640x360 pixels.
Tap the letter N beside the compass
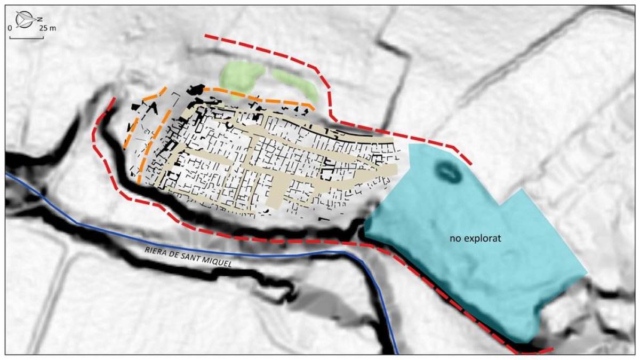40,20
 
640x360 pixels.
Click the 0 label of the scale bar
11,28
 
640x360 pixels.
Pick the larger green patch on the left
243,75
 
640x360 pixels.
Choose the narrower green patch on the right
297,84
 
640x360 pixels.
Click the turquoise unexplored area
480,267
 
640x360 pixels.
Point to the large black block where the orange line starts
198,89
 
